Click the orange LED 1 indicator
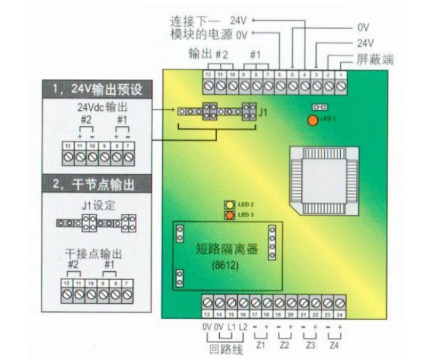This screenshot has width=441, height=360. (x=312, y=120)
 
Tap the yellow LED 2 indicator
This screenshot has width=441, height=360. (x=229, y=204)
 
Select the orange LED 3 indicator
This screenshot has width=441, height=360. (x=229, y=215)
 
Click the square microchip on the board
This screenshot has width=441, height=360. (x=317, y=176)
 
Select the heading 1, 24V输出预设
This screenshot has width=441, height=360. (x=97, y=89)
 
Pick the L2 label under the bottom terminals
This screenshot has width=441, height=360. (x=243, y=327)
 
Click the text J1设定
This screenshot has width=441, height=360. (x=98, y=205)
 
